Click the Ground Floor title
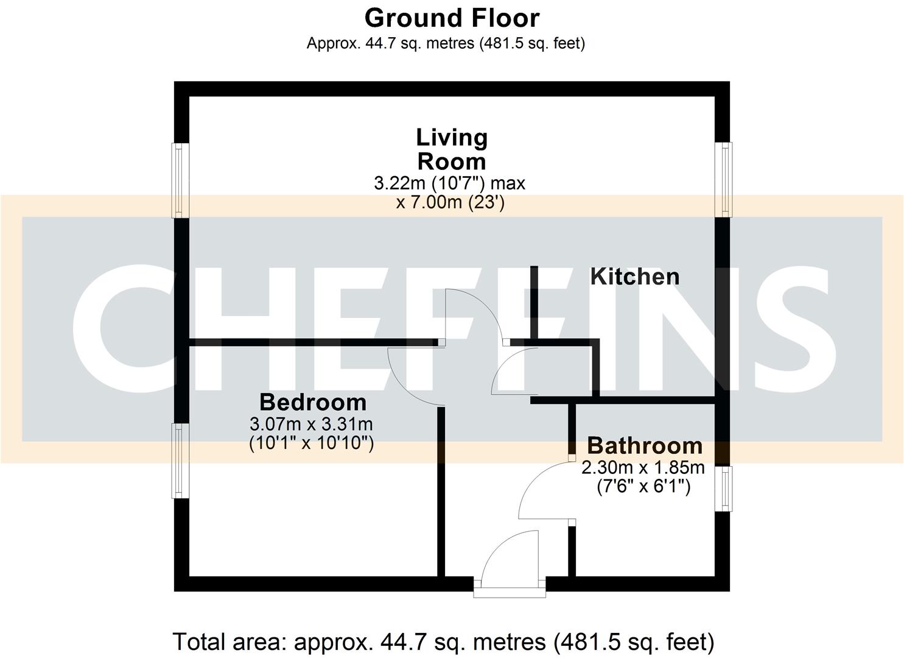pyautogui.click(x=452, y=18)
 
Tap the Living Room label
pyautogui.click(x=452, y=149)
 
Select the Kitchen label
pyautogui.click(x=635, y=277)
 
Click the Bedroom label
pyautogui.click(x=313, y=402)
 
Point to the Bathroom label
pyautogui.click(x=645, y=445)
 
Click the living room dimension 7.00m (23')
pyautogui.click(x=450, y=202)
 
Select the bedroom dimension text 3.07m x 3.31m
pyautogui.click(x=311, y=423)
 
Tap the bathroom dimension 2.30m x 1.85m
pyautogui.click(x=643, y=467)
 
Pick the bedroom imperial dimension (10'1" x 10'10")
pyautogui.click(x=311, y=442)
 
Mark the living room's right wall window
pyautogui.click(x=724, y=180)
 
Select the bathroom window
pyautogui.click(x=724, y=488)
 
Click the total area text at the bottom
pyautogui.click(x=443, y=642)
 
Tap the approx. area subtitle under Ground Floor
pyautogui.click(x=446, y=43)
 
